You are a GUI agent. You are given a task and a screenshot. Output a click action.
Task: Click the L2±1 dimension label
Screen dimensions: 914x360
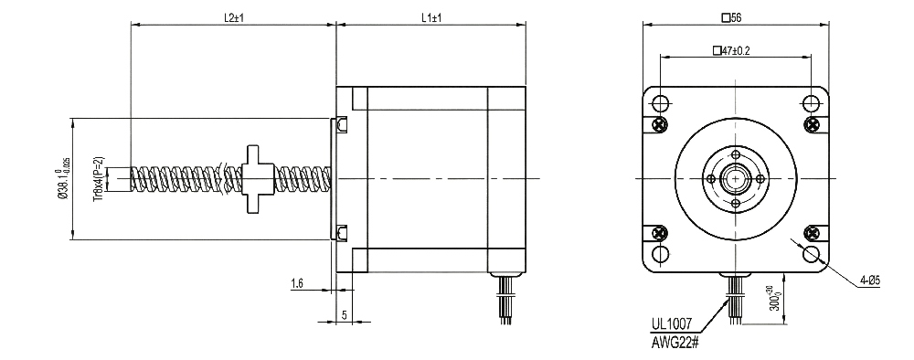click(234, 17)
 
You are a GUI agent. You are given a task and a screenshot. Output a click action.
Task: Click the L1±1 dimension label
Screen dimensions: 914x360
click(431, 17)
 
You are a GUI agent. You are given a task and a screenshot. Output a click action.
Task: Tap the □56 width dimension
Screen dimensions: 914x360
click(731, 17)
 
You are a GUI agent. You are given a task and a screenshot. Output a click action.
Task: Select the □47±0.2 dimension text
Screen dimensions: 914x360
click(731, 50)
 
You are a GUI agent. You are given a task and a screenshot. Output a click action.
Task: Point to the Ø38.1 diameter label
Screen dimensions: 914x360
click(62, 178)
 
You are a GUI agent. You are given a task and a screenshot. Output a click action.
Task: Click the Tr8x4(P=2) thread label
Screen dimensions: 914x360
click(98, 179)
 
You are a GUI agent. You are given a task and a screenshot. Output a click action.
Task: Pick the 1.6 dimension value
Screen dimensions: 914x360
click(297, 283)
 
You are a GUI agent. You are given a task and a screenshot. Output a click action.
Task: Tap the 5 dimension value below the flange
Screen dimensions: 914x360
click(345, 315)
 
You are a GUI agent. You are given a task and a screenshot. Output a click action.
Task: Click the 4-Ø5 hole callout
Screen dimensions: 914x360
click(869, 281)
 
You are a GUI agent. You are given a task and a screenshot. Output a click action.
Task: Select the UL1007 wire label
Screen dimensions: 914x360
click(672, 323)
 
